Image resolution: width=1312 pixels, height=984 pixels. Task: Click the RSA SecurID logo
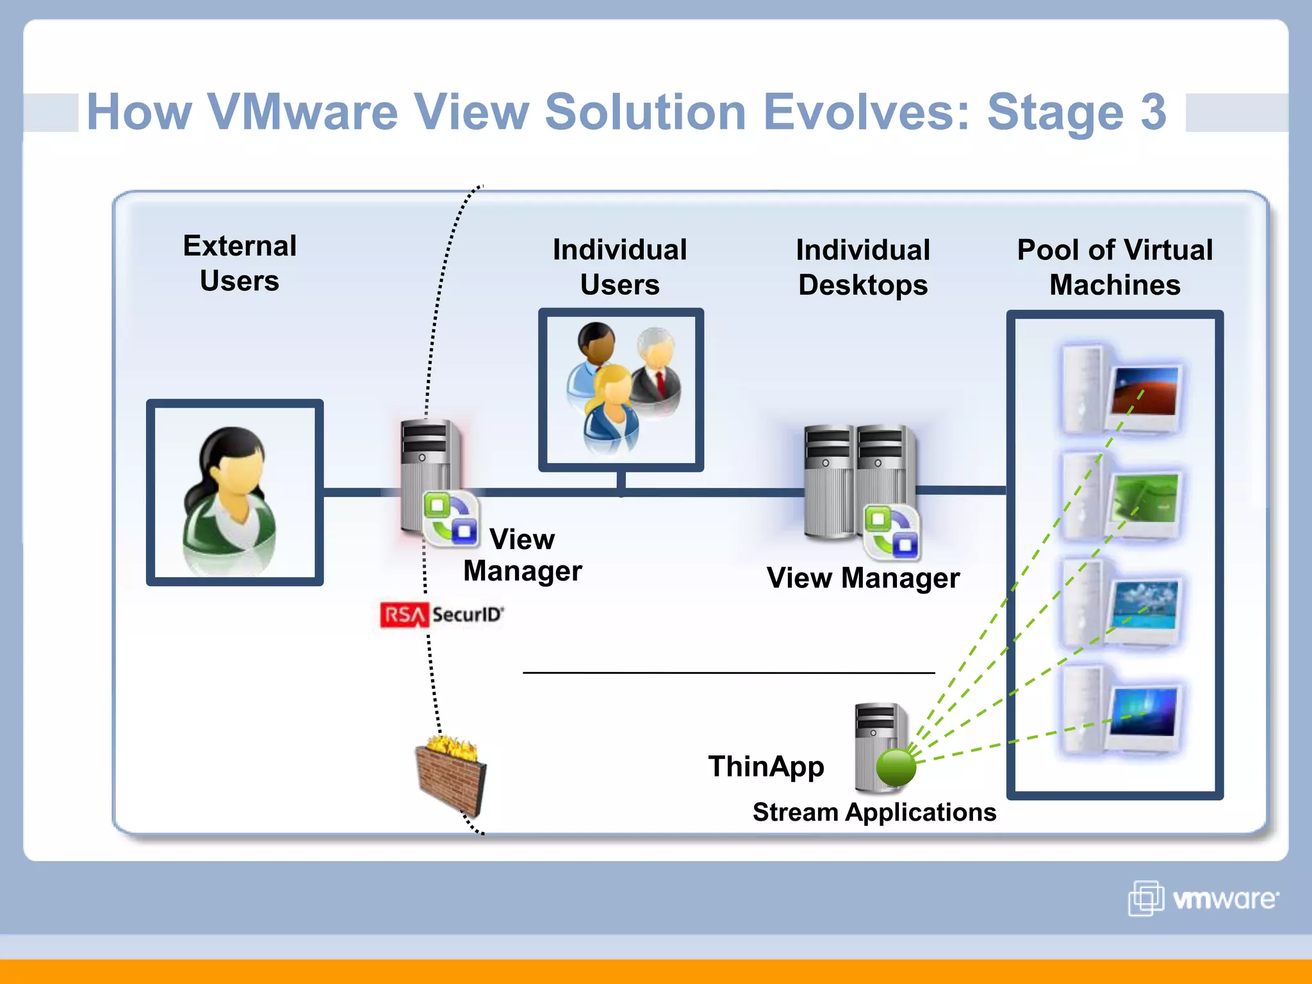point(441,615)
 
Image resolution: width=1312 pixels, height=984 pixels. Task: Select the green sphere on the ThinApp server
point(896,767)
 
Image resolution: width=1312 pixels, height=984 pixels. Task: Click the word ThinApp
point(766,766)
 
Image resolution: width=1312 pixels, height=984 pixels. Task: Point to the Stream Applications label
point(874,812)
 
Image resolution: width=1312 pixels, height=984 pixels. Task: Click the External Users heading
point(240,263)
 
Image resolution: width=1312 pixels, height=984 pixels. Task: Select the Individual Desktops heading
point(862,267)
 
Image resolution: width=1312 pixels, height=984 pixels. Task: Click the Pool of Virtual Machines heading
point(1114,267)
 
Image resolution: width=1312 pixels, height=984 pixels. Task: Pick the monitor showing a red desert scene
point(1145,391)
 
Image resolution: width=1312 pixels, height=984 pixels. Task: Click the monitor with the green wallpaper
point(1145,498)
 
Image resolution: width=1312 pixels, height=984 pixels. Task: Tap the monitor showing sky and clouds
point(1145,605)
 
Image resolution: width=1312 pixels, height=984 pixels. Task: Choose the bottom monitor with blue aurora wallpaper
point(1144,712)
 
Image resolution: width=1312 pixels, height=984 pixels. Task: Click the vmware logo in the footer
point(1203,898)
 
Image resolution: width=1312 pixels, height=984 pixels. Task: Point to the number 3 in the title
point(1152,111)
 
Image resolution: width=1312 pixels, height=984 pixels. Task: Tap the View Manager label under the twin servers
point(862,578)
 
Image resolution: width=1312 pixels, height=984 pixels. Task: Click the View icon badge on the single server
point(451,519)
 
